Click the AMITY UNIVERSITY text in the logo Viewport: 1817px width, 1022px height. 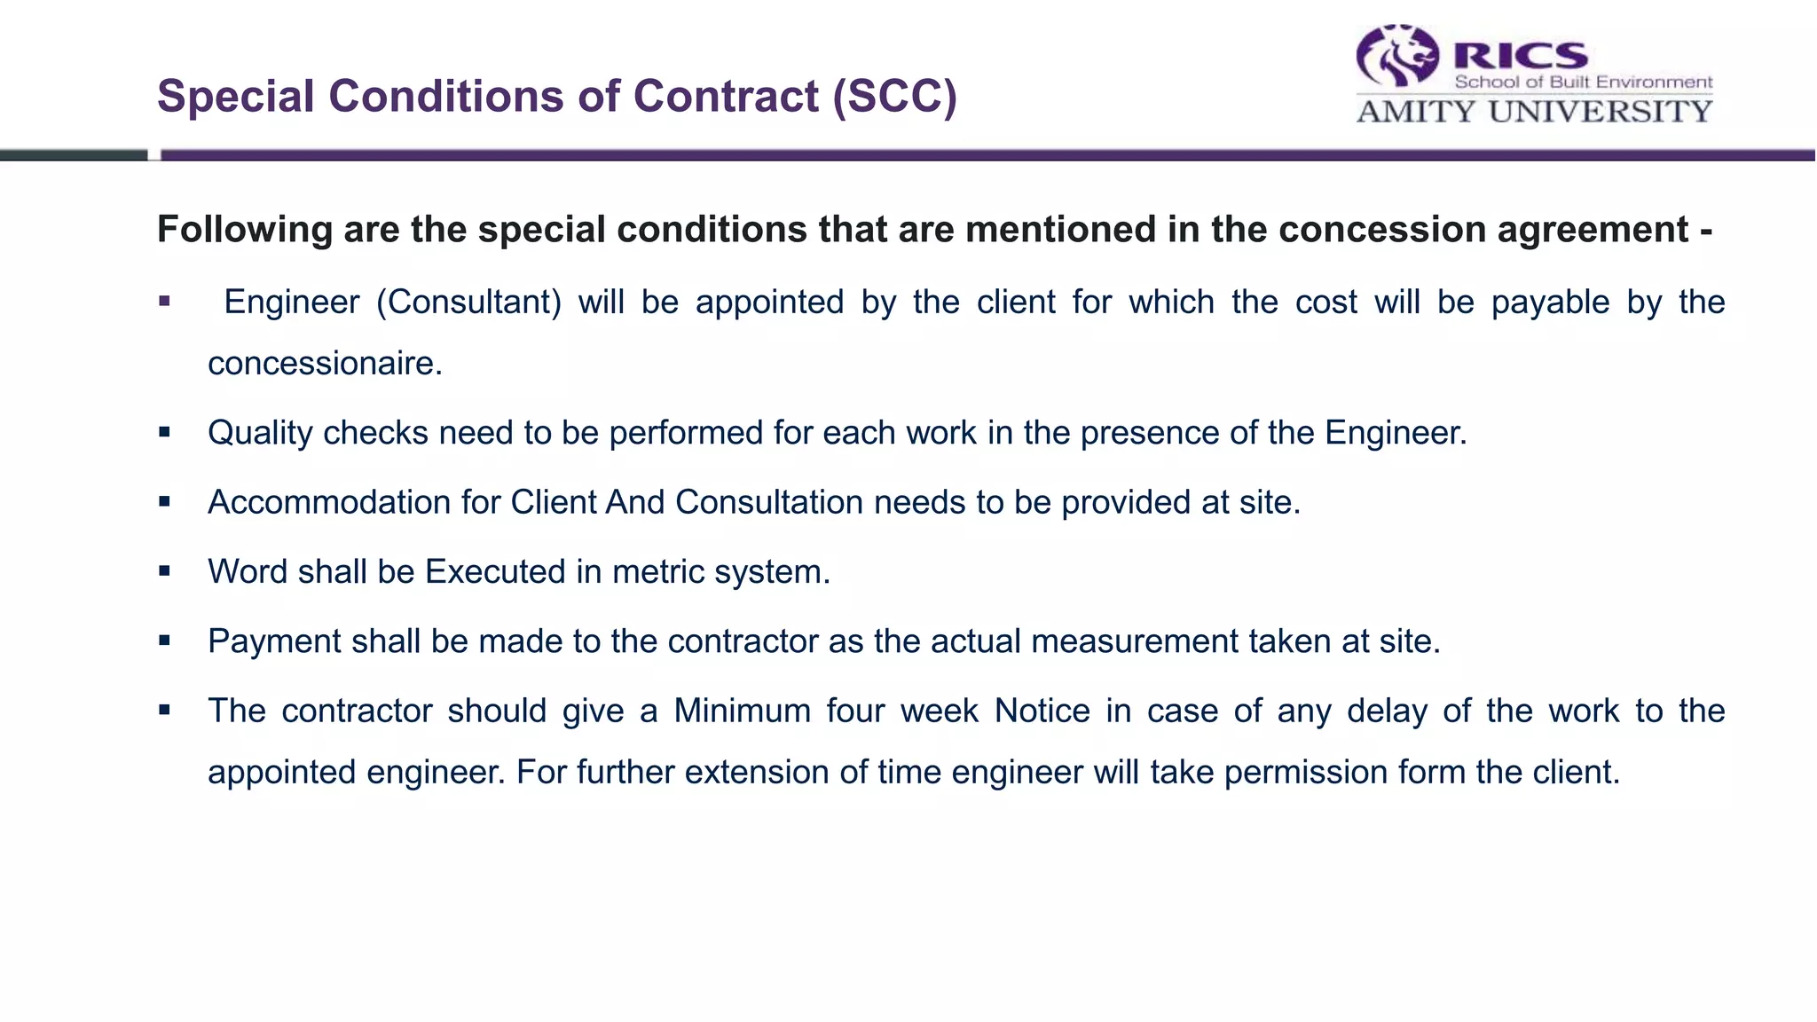point(1534,112)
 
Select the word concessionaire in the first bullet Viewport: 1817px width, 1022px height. point(325,364)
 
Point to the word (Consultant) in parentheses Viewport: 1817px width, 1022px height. point(469,303)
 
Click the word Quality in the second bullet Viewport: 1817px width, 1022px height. point(260,433)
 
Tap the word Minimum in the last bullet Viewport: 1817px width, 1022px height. point(743,711)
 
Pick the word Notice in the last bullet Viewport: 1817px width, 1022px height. point(1042,711)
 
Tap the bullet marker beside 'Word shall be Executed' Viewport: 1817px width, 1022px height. point(164,571)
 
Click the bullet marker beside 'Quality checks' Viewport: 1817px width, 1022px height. point(164,433)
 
